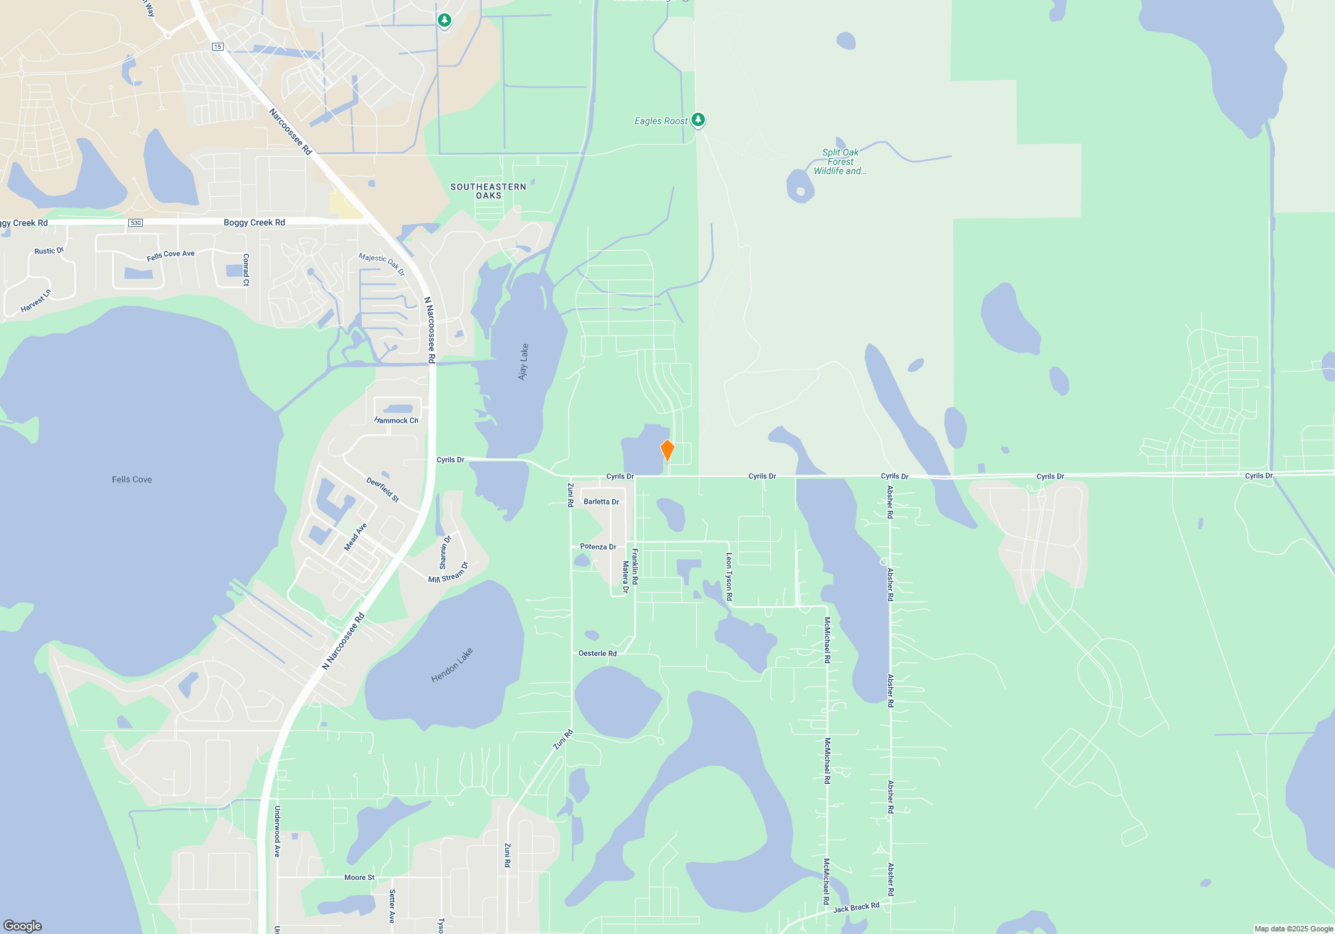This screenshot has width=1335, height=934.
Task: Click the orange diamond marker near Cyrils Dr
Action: pos(667,450)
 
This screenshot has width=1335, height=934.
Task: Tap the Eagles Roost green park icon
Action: pos(698,119)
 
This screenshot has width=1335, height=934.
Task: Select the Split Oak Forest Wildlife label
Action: pos(840,161)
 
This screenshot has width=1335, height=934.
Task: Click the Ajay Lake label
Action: pos(523,362)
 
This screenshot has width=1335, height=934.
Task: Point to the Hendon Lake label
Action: pos(452,665)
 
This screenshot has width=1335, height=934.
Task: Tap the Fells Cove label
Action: pos(131,480)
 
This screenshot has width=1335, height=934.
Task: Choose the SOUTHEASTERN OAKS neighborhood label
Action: pos(488,191)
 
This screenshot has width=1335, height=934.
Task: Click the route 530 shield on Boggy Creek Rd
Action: pos(136,223)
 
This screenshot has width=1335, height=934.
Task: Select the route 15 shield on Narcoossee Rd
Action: pos(218,47)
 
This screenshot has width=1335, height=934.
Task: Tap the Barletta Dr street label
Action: pos(601,502)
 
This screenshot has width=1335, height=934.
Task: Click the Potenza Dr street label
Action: pos(597,546)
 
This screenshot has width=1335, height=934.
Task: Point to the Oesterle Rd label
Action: pos(597,653)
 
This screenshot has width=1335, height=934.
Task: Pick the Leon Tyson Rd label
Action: pos(729,576)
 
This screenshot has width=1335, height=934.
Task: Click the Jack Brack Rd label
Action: pos(856,907)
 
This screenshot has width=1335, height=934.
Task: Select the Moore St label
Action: pos(359,877)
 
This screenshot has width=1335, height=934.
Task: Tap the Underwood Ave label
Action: pos(277,831)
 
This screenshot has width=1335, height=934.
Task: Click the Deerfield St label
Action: pos(382,490)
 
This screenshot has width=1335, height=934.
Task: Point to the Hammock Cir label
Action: pos(396,420)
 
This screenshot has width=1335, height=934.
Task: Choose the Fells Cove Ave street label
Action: pos(170,255)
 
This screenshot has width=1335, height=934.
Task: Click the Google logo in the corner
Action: pos(23,925)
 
